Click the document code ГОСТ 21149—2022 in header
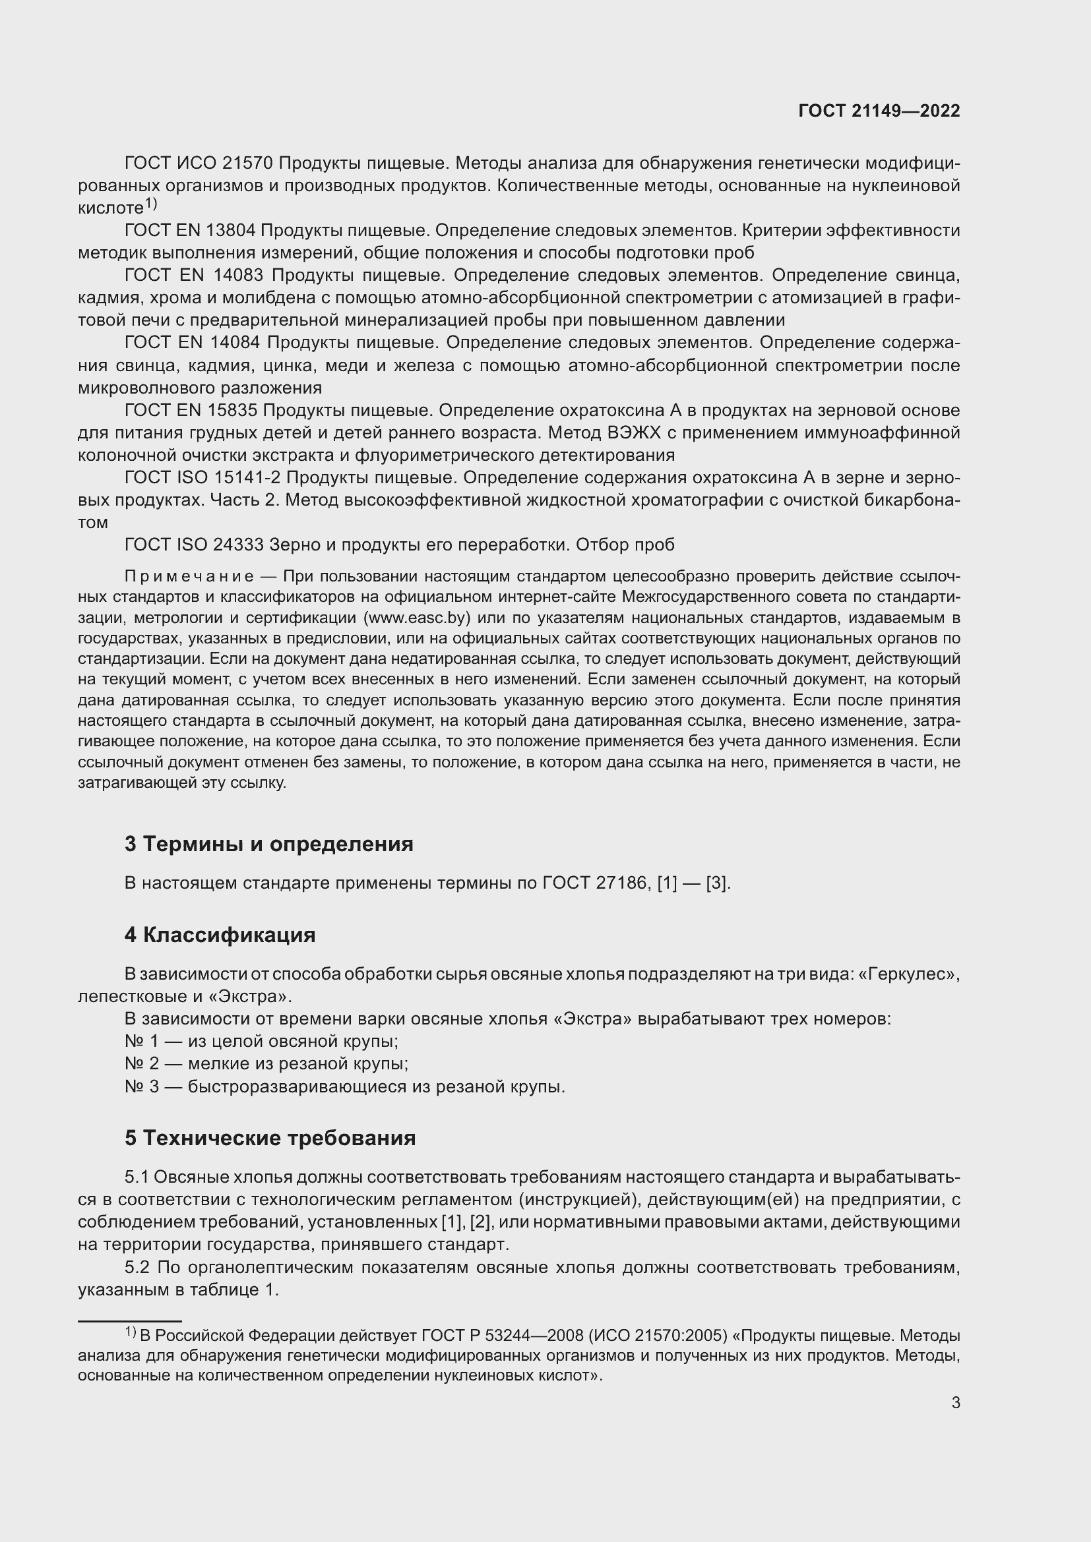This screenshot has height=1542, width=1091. click(x=879, y=111)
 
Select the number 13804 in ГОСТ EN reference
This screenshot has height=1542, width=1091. click(x=231, y=230)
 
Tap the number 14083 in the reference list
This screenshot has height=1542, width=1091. click(x=239, y=276)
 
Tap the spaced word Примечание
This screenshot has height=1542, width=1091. click(x=189, y=576)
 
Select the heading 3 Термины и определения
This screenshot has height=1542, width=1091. click(x=268, y=844)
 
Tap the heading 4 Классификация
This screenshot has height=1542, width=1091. click(x=220, y=935)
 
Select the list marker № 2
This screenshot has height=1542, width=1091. click(x=142, y=1063)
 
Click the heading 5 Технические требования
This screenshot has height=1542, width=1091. click(x=270, y=1138)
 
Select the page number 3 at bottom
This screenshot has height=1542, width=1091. click(x=955, y=1403)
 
